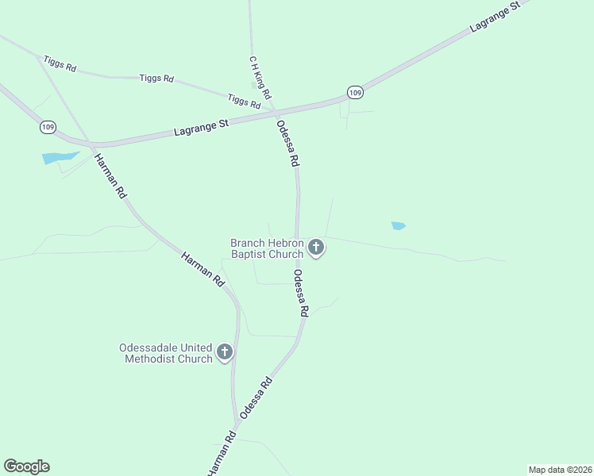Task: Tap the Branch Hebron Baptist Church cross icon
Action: [x=316, y=248]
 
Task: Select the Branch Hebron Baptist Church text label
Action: [x=268, y=248]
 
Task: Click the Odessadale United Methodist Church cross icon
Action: [x=225, y=352]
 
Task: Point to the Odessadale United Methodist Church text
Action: [x=166, y=353]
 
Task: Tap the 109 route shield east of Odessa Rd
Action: [x=355, y=93]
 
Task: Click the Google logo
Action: [x=26, y=466]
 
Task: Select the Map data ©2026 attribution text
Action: [x=560, y=469]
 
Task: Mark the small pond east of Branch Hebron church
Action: [x=399, y=226]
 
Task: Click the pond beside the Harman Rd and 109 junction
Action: [x=60, y=158]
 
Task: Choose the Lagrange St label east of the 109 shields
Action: [x=494, y=16]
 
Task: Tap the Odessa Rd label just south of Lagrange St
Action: [x=288, y=143]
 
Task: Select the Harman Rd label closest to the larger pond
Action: [x=110, y=175]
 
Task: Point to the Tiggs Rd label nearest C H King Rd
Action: [x=244, y=101]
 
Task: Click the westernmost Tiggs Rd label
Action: [x=60, y=63]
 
